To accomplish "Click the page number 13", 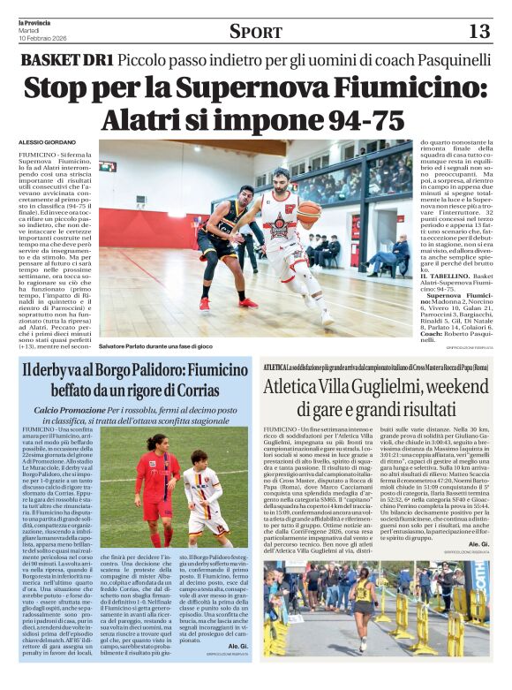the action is click(x=478, y=32).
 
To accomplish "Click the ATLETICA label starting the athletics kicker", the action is click(x=275, y=366).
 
